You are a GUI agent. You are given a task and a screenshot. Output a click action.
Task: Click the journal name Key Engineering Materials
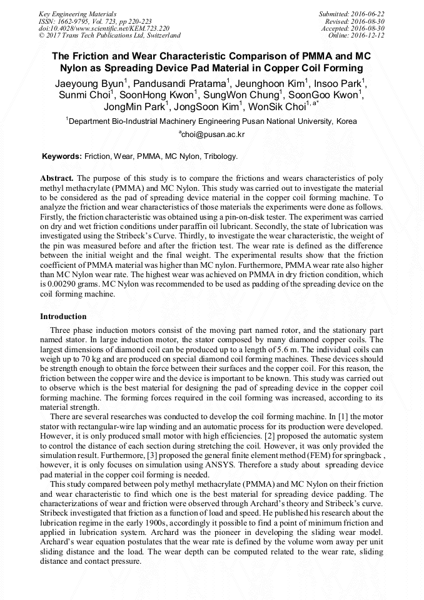click(77, 13)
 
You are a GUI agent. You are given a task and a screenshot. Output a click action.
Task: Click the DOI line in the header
click(104, 28)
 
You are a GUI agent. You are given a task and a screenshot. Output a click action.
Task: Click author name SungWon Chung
click(245, 95)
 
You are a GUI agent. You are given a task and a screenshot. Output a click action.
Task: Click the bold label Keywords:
click(61, 156)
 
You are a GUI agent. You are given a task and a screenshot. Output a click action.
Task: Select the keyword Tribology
click(218, 156)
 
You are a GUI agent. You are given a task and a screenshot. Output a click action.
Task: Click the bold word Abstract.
click(56, 178)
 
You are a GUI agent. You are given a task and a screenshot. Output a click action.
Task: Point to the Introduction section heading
click(63, 317)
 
